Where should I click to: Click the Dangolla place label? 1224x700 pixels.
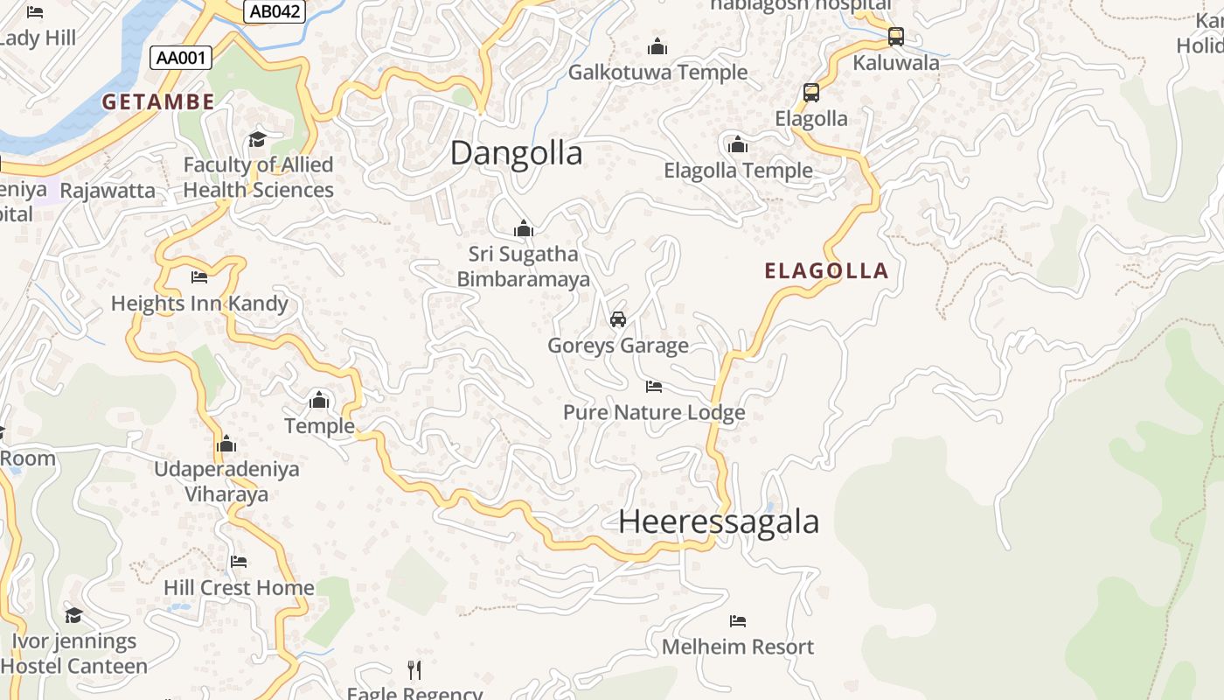(516, 153)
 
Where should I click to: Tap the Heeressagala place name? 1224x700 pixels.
(719, 521)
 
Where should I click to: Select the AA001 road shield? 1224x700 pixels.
(182, 59)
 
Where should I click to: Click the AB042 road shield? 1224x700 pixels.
(275, 11)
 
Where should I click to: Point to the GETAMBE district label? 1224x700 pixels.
(158, 101)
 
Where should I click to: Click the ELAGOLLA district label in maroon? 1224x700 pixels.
(826, 271)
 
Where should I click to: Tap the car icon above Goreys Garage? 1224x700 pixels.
(618, 318)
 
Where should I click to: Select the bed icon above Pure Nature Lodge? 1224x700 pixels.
(654, 386)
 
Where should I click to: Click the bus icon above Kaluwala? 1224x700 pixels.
(895, 37)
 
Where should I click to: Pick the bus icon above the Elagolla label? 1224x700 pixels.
(811, 92)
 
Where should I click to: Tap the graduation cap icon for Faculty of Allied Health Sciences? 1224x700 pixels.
(257, 139)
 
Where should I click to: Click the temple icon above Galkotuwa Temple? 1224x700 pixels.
(657, 46)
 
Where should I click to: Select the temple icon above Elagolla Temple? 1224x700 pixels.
(738, 144)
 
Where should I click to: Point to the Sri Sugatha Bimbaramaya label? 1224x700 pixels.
(523, 267)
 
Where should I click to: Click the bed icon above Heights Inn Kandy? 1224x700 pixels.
(199, 277)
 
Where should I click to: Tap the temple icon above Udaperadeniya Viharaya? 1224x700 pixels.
(226, 444)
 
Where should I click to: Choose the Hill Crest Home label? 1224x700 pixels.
(239, 587)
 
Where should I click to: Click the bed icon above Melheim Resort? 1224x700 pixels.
(738, 621)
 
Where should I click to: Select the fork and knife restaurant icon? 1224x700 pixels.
(414, 670)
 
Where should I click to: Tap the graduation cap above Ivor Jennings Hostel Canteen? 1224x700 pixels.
(73, 615)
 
